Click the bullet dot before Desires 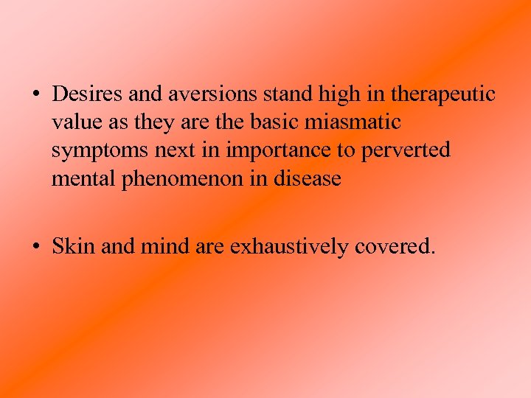[35, 95]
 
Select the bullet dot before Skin [35, 246]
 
